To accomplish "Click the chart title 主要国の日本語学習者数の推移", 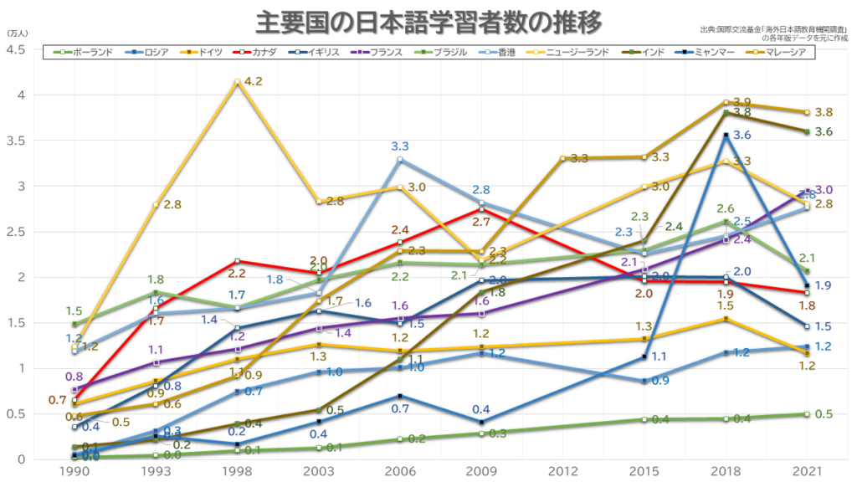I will (x=428, y=22).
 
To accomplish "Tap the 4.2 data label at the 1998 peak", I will (x=254, y=82).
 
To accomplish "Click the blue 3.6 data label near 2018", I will (x=742, y=134).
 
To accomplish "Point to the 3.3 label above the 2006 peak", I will (x=400, y=146).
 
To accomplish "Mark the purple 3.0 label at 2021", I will (x=824, y=189).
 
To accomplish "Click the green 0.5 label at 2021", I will (x=824, y=413).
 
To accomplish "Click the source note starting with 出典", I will (x=771, y=30).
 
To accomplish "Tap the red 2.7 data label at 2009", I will (x=481, y=222).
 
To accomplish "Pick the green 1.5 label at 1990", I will (x=74, y=310).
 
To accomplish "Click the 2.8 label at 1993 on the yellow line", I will (x=173, y=203).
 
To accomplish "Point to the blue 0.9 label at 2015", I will (x=660, y=381).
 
